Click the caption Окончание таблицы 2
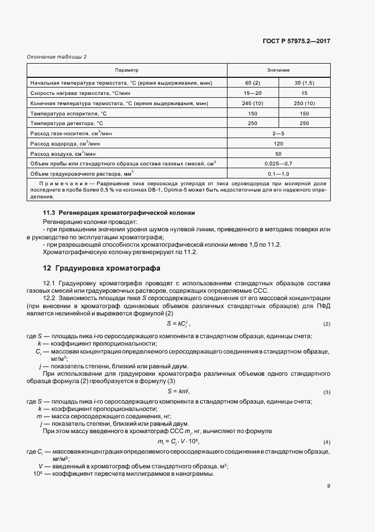coord(57,57)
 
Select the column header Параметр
coord(127,70)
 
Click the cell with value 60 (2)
coord(252,83)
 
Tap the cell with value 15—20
coord(252,93)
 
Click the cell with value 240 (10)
coord(252,103)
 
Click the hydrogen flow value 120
coord(278,143)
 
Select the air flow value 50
coord(278,153)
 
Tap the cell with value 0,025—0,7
coord(278,163)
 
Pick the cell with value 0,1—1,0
coord(278,173)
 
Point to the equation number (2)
coord(327,324)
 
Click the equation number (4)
coord(327,442)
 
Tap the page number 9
coord(328,486)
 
